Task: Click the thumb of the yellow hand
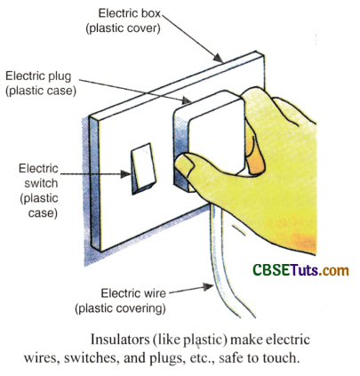[198, 164]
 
